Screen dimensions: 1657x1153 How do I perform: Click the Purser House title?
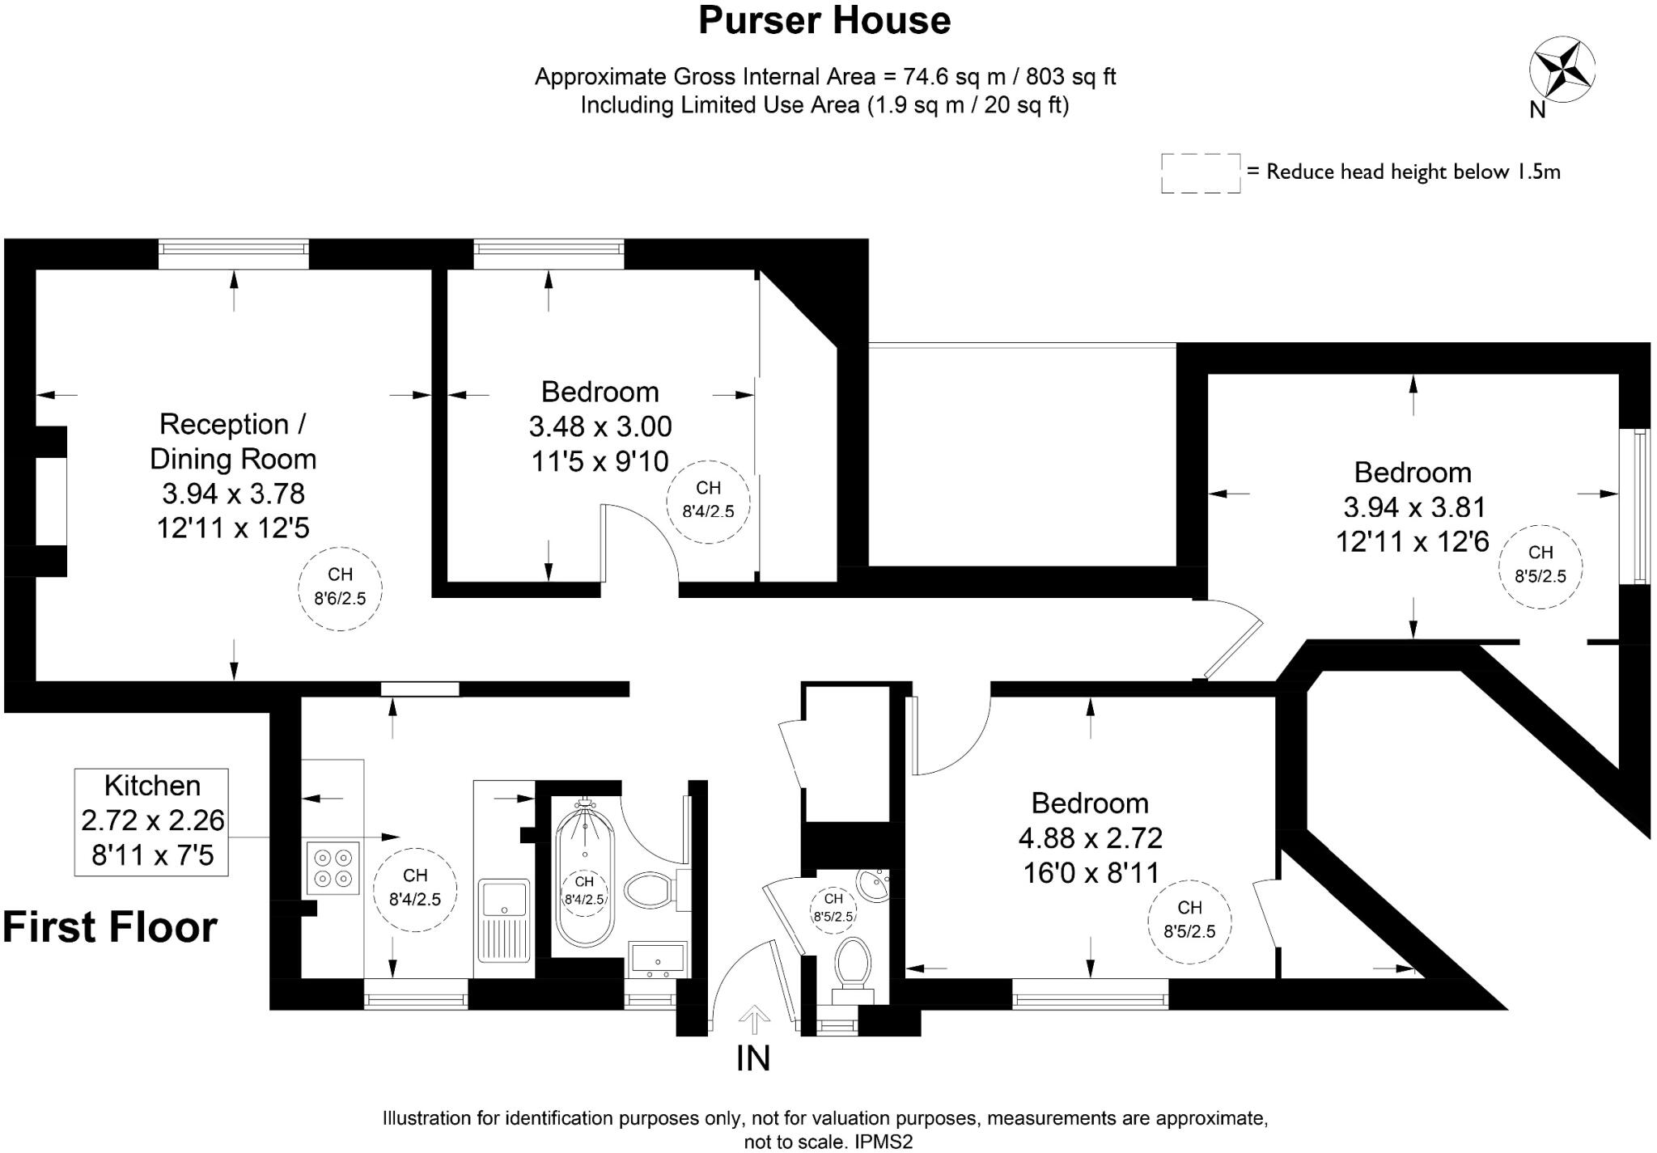[824, 21]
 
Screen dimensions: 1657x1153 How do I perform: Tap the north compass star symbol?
[1562, 70]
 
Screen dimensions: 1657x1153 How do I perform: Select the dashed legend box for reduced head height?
[1201, 173]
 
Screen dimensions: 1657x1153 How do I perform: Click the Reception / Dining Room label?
[233, 441]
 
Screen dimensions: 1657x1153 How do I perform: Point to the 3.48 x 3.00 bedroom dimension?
[600, 426]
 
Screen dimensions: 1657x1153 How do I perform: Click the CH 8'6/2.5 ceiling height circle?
[340, 587]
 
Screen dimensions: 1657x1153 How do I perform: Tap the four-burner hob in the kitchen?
[333, 867]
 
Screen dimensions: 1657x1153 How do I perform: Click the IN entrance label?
[753, 1058]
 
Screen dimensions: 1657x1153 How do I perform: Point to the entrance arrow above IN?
[754, 1019]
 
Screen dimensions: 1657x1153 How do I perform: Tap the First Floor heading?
[110, 927]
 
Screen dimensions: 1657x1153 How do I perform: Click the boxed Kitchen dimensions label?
[152, 821]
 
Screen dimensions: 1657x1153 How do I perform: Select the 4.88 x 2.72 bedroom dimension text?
[1091, 838]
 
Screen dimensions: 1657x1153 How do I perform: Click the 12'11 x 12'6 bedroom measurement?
[1413, 541]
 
